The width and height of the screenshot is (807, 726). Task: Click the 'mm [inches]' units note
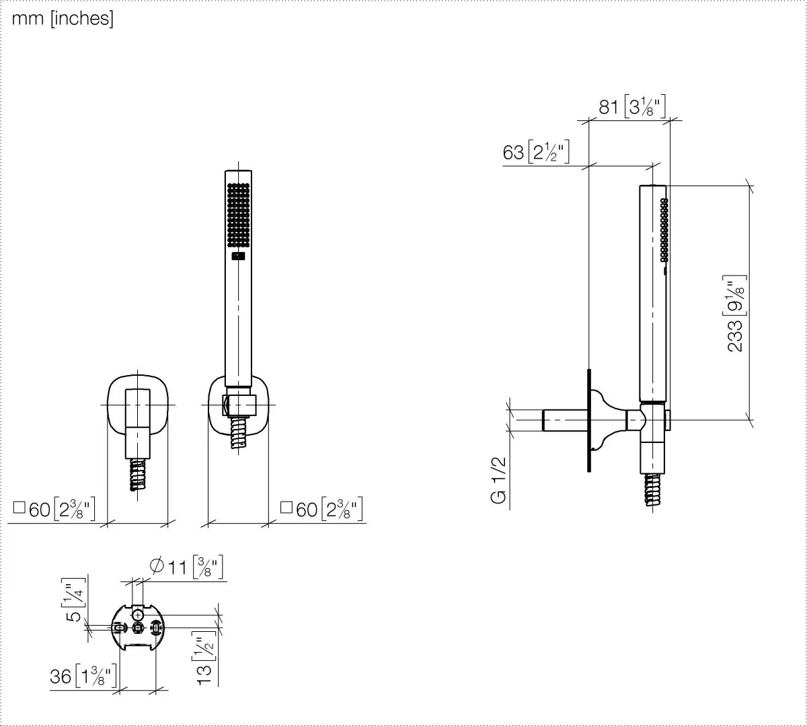(63, 19)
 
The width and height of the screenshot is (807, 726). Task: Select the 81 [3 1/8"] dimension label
(632, 107)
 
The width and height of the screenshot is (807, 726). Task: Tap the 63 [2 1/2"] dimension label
(536, 152)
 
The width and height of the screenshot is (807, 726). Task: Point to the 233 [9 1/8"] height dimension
(736, 314)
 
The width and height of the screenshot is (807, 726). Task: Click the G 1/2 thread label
(498, 480)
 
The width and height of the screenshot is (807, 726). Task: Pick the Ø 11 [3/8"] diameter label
(187, 567)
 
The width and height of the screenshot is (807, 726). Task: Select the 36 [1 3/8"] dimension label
(83, 676)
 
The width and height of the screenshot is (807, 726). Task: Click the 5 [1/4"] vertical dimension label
(73, 600)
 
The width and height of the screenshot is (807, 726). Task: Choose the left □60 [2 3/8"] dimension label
(54, 509)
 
